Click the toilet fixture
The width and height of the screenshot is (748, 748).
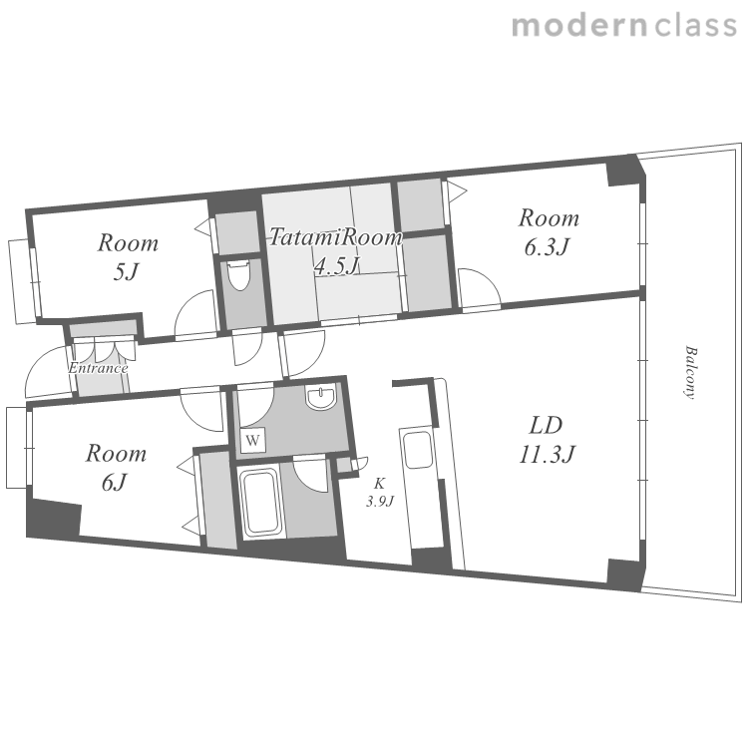click(238, 274)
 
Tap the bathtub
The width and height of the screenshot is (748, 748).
click(260, 503)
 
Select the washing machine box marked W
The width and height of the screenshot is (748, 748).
click(253, 440)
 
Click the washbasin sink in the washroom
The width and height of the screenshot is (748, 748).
click(321, 397)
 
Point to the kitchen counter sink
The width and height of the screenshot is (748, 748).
click(418, 450)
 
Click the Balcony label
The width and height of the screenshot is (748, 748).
click(690, 372)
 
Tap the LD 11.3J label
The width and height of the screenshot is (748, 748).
click(547, 440)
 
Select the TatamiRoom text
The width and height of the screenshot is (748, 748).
click(336, 237)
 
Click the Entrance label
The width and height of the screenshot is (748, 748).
click(98, 368)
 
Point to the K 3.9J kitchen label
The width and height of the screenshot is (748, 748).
click(380, 492)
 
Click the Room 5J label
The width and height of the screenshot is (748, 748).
click(128, 257)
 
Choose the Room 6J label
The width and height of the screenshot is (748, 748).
click(116, 468)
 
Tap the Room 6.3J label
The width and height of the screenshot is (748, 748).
click(549, 232)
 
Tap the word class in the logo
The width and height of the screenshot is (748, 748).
click(695, 25)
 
